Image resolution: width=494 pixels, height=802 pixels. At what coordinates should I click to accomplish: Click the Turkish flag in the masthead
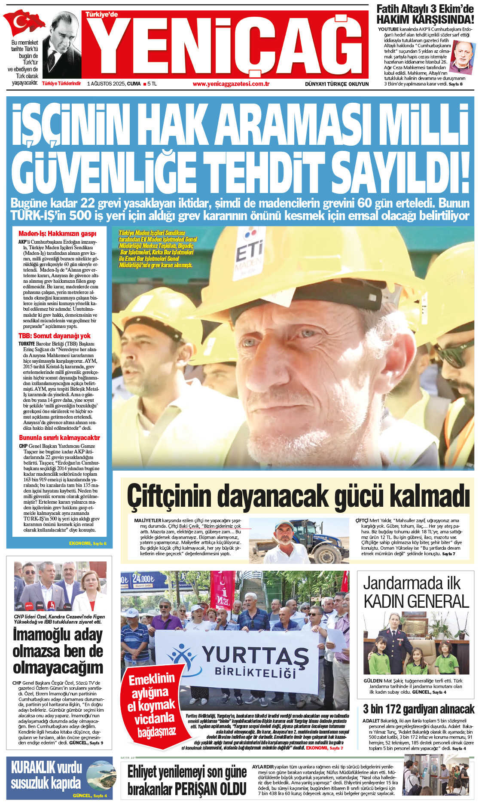tap(24, 24)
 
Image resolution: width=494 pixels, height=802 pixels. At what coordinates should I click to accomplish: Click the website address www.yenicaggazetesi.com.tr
tap(231, 84)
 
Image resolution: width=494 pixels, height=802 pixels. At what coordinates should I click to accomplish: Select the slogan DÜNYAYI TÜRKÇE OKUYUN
tap(337, 84)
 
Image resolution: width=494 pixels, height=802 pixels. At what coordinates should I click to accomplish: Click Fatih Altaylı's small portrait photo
tap(464, 56)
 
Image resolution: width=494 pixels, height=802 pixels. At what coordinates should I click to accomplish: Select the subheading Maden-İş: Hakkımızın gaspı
tap(57, 234)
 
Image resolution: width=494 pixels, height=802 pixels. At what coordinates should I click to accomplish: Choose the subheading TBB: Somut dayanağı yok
tap(55, 336)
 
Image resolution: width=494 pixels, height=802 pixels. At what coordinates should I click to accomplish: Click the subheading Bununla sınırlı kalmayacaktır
tap(59, 438)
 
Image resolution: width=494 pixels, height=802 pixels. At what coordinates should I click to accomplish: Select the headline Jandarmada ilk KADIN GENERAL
tap(415, 592)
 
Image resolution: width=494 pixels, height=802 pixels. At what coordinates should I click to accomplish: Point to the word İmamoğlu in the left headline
tap(58, 635)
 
